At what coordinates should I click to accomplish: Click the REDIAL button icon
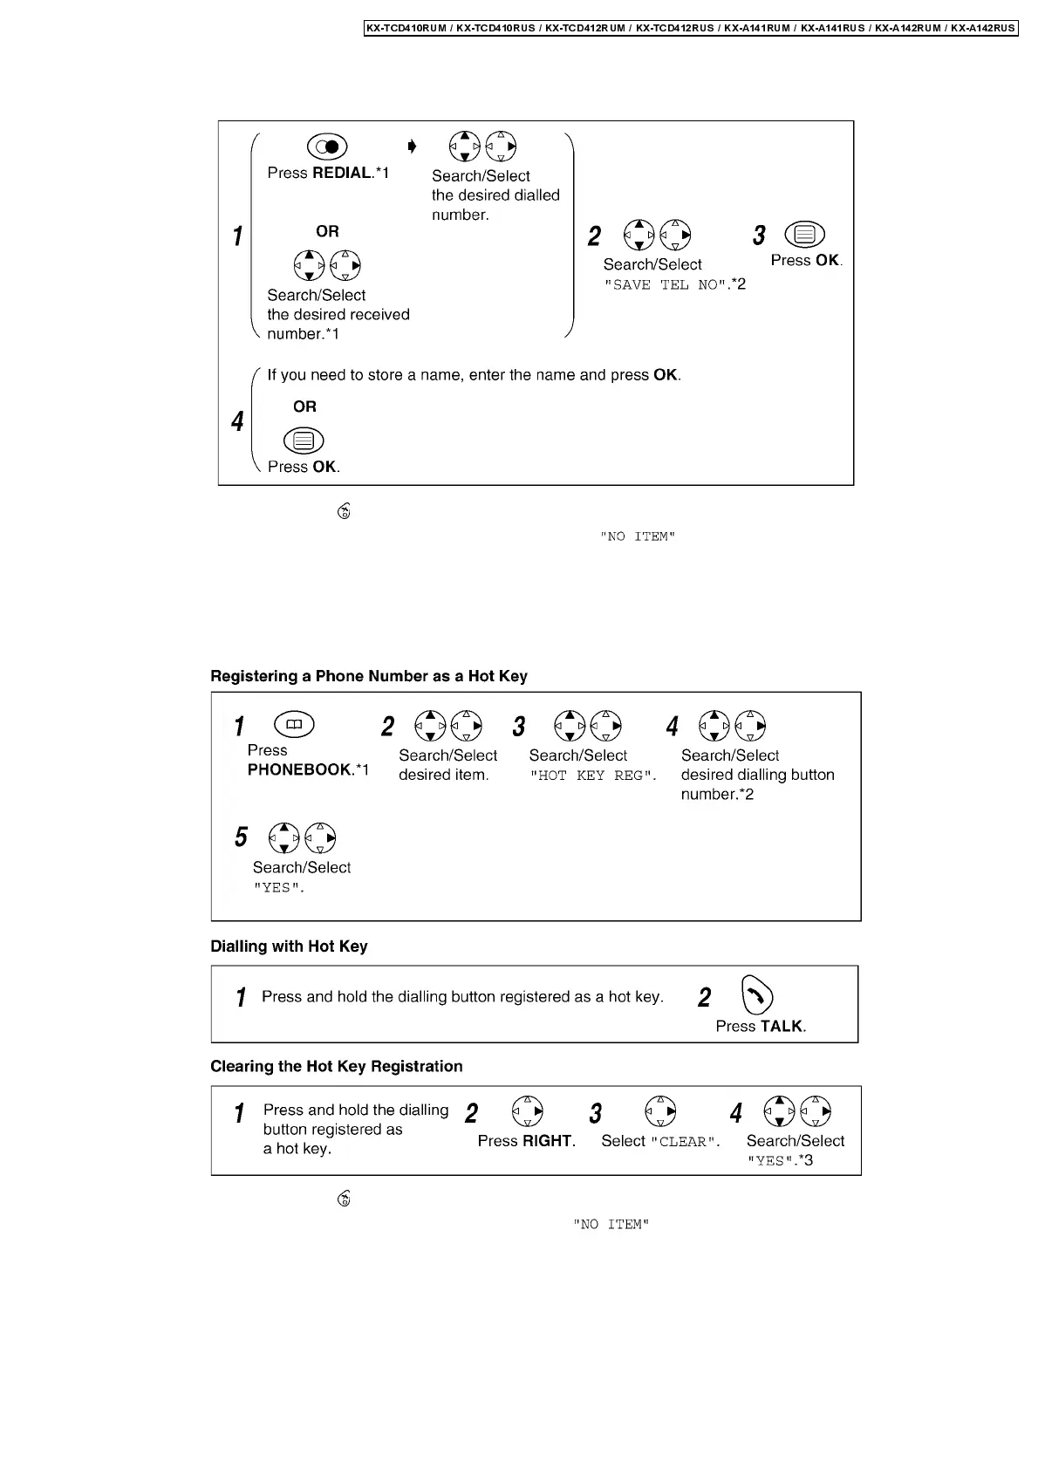click(x=327, y=147)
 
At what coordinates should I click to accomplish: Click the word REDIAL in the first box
click(x=342, y=173)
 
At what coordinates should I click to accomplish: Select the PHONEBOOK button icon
click(x=295, y=724)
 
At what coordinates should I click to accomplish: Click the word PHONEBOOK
click(x=299, y=769)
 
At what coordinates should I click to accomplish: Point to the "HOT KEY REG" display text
click(x=592, y=775)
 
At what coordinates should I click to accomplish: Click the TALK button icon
click(x=756, y=995)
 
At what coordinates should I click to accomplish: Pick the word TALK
click(x=781, y=1027)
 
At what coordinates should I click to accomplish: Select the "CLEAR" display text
click(x=685, y=1142)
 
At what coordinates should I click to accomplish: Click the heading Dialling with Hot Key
click(x=289, y=946)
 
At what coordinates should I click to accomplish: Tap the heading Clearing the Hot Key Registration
click(x=337, y=1066)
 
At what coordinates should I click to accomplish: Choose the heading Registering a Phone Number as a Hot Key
click(x=369, y=676)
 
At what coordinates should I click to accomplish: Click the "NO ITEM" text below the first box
click(x=638, y=537)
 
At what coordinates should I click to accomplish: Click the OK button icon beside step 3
click(x=804, y=235)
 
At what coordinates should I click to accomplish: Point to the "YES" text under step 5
click(x=278, y=888)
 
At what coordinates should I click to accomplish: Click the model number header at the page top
click(x=691, y=28)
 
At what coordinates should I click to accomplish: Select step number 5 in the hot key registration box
click(x=241, y=837)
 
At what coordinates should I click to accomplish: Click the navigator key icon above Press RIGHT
click(x=528, y=1111)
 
